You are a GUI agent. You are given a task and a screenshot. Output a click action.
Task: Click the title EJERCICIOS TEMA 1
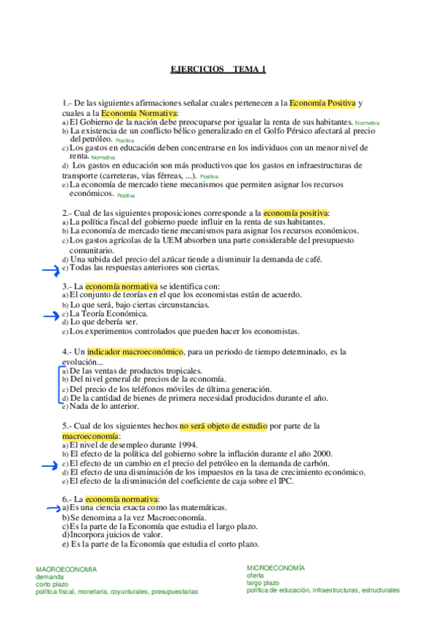[218, 70]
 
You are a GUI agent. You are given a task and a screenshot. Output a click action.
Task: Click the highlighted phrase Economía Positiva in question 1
[322, 103]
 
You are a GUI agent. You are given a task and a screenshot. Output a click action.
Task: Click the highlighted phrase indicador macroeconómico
[140, 352]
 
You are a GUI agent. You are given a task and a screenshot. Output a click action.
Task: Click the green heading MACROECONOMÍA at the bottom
[66, 569]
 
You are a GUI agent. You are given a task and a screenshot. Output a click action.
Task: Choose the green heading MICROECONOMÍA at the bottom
[276, 568]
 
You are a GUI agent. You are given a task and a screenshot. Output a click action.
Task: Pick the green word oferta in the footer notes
[255, 576]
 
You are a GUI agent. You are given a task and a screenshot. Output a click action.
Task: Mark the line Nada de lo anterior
[99, 407]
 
